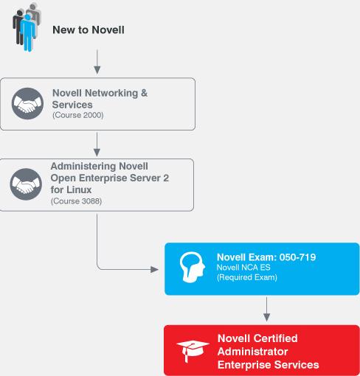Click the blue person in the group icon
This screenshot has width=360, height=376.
point(28,32)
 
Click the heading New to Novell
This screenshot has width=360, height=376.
point(89,29)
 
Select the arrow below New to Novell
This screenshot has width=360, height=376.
point(97,62)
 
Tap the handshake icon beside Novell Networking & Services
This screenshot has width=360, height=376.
point(27,104)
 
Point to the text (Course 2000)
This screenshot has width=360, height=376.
point(78,115)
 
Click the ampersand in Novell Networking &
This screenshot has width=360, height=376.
point(144,93)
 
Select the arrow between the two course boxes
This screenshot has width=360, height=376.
point(97,145)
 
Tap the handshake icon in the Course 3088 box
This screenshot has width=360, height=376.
point(26,184)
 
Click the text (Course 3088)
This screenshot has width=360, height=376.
point(76,201)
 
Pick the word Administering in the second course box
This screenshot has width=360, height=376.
point(83,167)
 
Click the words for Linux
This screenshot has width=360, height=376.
point(71,189)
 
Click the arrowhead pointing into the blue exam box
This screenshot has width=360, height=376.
point(154,269)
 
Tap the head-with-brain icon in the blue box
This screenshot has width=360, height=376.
point(193,267)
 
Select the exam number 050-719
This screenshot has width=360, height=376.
point(297,257)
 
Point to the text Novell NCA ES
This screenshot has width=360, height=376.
point(243,268)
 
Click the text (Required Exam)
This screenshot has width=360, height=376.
point(247,277)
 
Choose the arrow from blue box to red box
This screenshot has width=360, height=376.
point(266,309)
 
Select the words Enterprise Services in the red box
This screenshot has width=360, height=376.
point(269,365)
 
